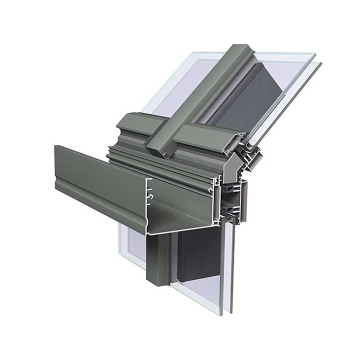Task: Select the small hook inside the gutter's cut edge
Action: coord(152,197)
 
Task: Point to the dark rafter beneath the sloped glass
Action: coord(256,98)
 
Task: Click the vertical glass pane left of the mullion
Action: coord(133,246)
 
